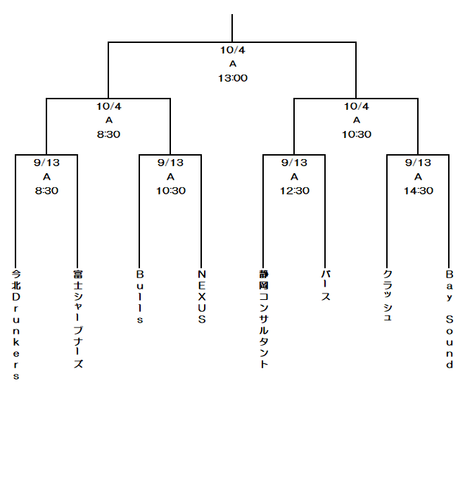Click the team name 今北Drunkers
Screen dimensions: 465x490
pyautogui.click(x=16, y=325)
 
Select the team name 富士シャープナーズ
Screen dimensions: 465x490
pyautogui.click(x=78, y=319)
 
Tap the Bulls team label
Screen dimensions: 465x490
pyautogui.click(x=140, y=296)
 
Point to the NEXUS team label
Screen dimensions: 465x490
pyautogui.click(x=202, y=296)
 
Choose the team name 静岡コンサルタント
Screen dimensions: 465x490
pyautogui.click(x=264, y=319)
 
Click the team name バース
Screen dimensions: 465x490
pyautogui.click(x=326, y=285)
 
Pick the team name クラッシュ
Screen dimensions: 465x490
pyautogui.click(x=387, y=295)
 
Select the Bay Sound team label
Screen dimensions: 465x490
pyautogui.click(x=450, y=319)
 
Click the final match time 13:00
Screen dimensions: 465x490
pyautogui.click(x=233, y=78)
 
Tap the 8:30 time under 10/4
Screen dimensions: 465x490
pyautogui.click(x=108, y=134)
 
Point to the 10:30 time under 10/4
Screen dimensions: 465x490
pyautogui.click(x=357, y=134)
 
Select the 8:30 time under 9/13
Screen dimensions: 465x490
pyautogui.click(x=46, y=191)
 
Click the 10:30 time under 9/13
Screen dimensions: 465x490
pyautogui.click(x=171, y=191)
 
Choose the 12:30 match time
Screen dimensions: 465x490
pyautogui.click(x=295, y=191)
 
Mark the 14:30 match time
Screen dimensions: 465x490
pyautogui.click(x=419, y=191)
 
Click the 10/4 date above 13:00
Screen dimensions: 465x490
pyautogui.click(x=233, y=50)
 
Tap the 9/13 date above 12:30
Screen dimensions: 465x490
pyautogui.click(x=294, y=163)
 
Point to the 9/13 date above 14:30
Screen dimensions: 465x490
pyautogui.click(x=418, y=163)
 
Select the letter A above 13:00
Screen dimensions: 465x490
pyautogui.click(x=233, y=64)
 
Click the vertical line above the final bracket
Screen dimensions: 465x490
pyautogui.click(x=232, y=28)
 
